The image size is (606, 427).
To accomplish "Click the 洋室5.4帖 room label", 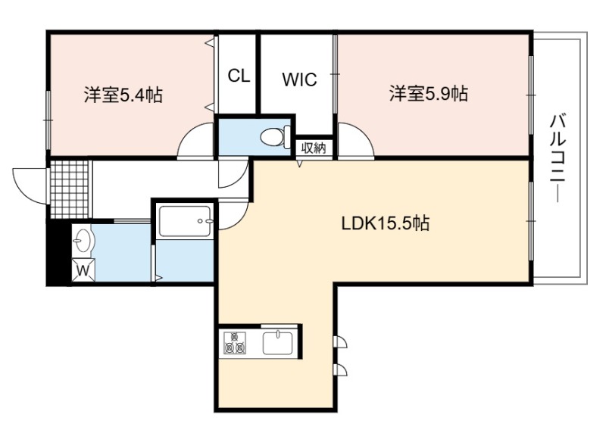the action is (123, 95).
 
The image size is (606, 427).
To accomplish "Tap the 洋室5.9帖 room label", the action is (429, 94).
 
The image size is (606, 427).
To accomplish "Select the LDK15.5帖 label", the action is (386, 223).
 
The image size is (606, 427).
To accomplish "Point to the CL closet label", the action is (239, 76).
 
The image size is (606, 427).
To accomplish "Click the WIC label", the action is (299, 79).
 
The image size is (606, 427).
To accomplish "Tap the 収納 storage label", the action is (314, 148).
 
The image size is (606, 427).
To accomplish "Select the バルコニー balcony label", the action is (558, 158).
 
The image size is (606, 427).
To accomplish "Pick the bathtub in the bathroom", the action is (185, 221).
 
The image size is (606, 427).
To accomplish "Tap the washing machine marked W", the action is (83, 270).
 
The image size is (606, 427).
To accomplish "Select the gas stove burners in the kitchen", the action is (235, 343).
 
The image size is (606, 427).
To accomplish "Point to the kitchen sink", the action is (278, 343).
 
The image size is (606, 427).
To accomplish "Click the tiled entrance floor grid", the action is (70, 189).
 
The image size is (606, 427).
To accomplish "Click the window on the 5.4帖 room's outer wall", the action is (48, 120).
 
